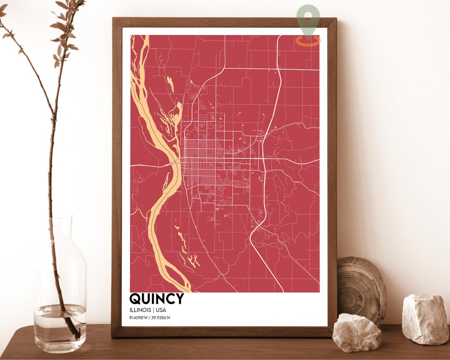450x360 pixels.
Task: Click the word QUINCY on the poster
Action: (x=156, y=299)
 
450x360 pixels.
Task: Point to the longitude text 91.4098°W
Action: (x=140, y=318)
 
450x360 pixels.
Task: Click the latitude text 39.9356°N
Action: (x=161, y=318)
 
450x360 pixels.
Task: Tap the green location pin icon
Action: (x=308, y=18)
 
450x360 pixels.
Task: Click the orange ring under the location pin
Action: (x=308, y=41)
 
